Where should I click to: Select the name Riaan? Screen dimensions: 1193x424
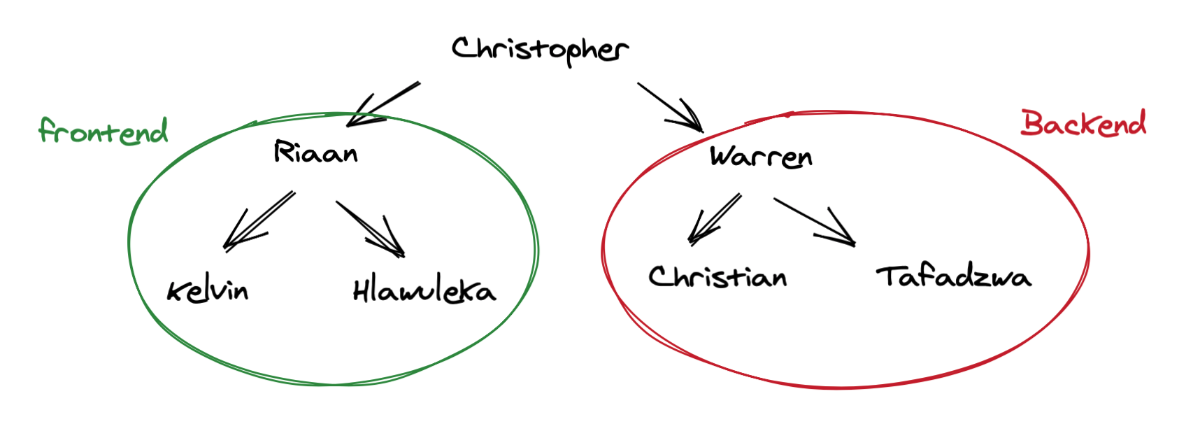tap(315, 153)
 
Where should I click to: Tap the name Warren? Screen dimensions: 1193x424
tap(761, 157)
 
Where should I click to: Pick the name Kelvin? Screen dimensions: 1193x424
tap(208, 290)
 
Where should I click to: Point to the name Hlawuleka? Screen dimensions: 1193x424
tap(424, 290)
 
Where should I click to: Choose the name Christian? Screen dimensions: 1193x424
tap(717, 277)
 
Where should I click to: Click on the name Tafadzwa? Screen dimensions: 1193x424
tap(953, 276)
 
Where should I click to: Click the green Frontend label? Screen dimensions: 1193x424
tap(103, 131)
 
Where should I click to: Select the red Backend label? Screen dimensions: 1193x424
tap(1083, 124)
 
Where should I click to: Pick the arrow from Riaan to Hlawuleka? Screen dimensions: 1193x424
tap(370, 229)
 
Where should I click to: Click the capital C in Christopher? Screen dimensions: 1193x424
tap(463, 48)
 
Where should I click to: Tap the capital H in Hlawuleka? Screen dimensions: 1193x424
tap(362, 290)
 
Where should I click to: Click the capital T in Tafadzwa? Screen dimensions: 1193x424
tap(890, 276)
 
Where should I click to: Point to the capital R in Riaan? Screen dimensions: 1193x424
tap(283, 151)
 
